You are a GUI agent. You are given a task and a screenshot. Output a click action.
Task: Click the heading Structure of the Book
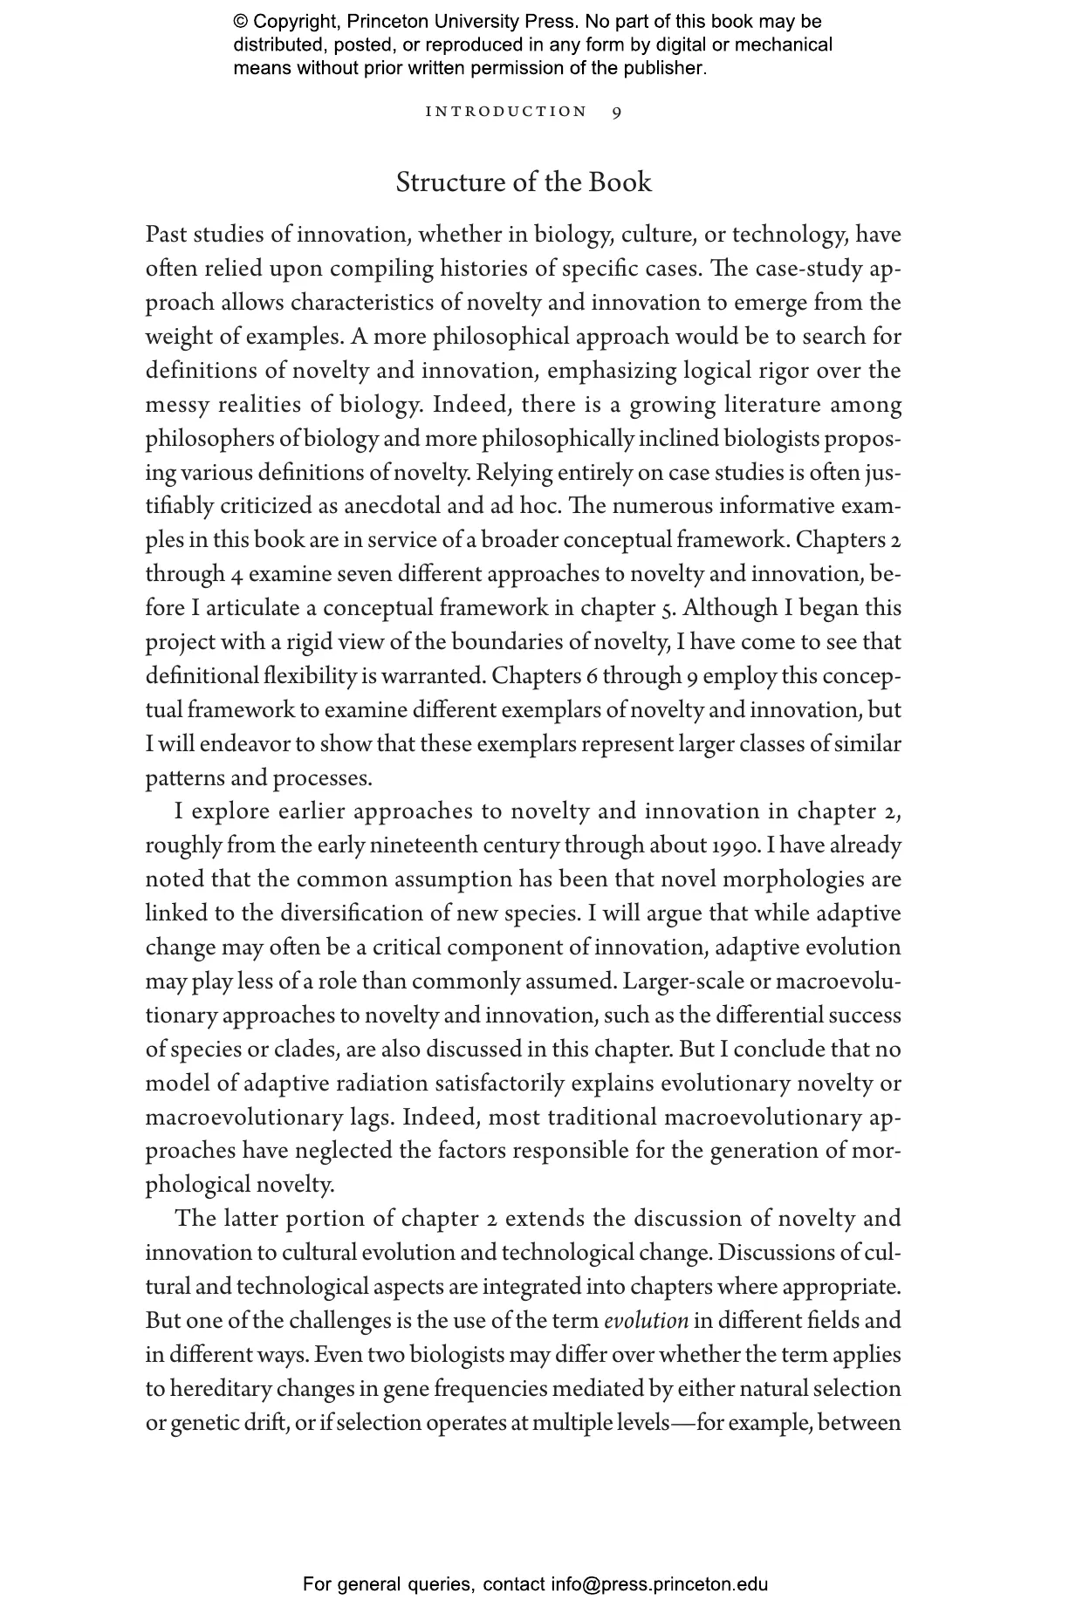pos(524,182)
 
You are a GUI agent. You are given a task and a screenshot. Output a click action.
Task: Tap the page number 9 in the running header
pos(617,112)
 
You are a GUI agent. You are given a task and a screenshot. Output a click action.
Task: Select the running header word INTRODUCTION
pos(506,112)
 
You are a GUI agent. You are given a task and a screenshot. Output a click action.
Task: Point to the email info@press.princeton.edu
pos(659,1584)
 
